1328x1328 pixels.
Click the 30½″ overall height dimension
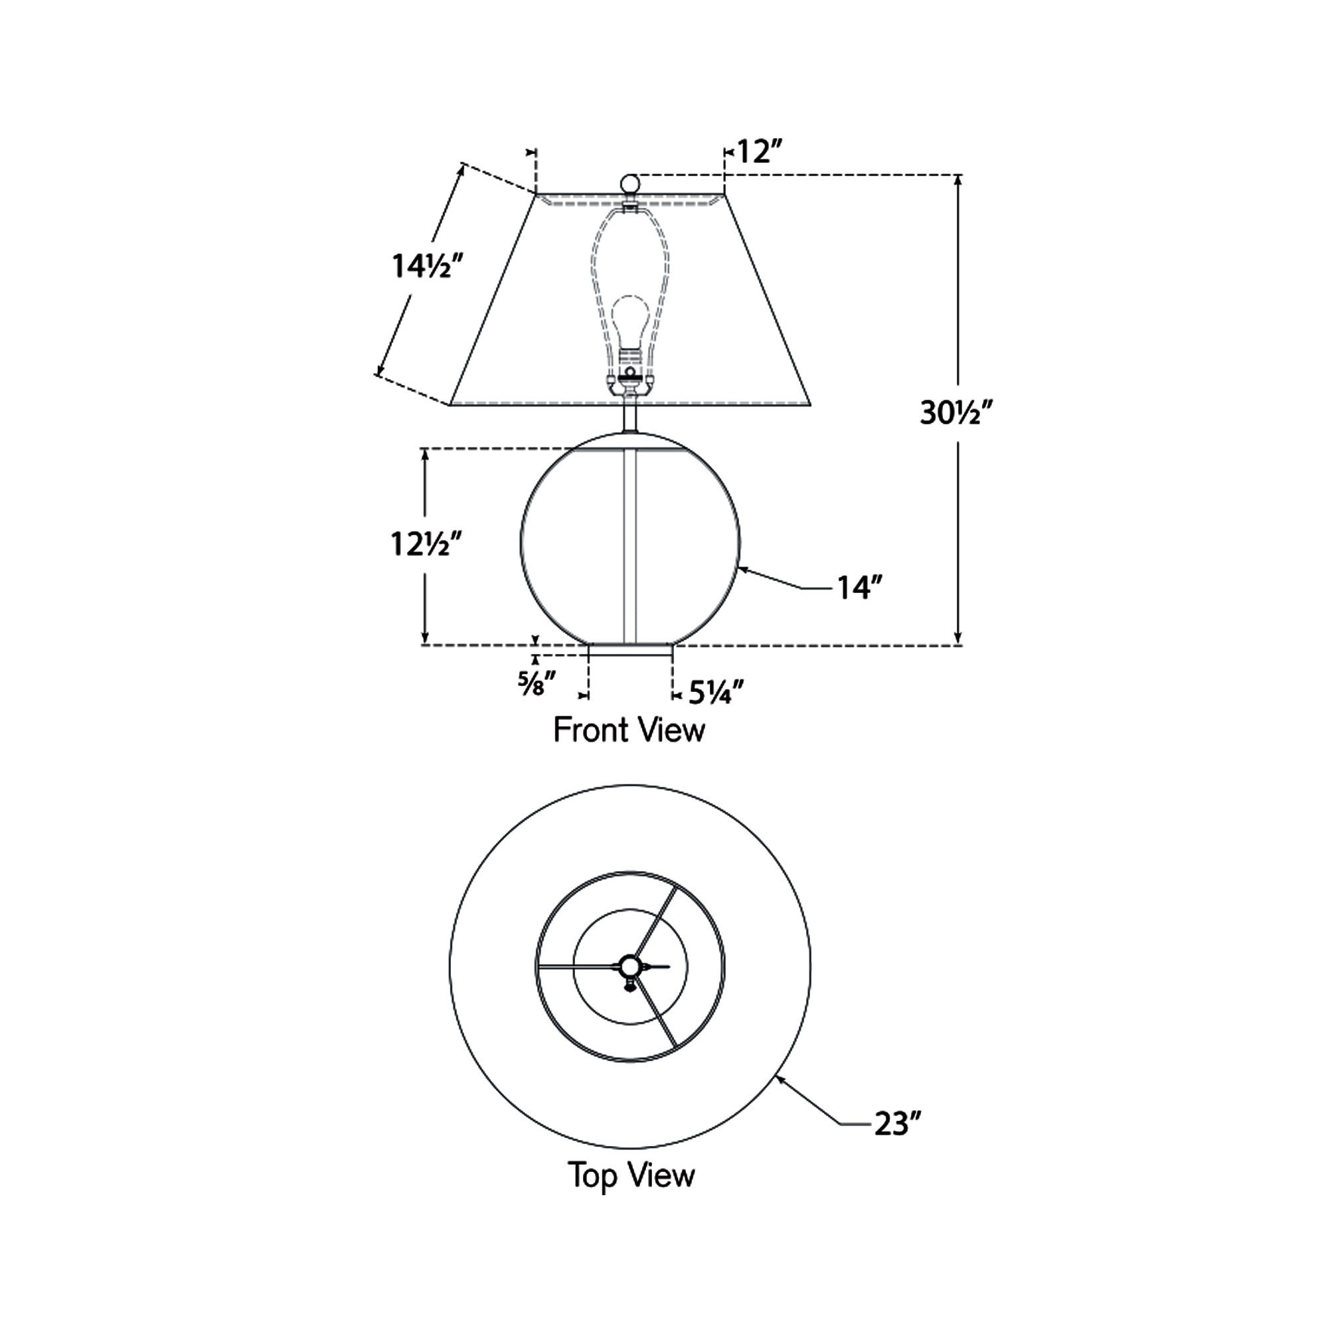(957, 413)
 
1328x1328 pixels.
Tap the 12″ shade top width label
(760, 151)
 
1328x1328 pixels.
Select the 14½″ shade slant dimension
(422, 266)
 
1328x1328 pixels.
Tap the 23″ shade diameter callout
(897, 1125)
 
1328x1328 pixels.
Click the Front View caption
(629, 730)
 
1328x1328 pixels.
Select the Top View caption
(631, 1175)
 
